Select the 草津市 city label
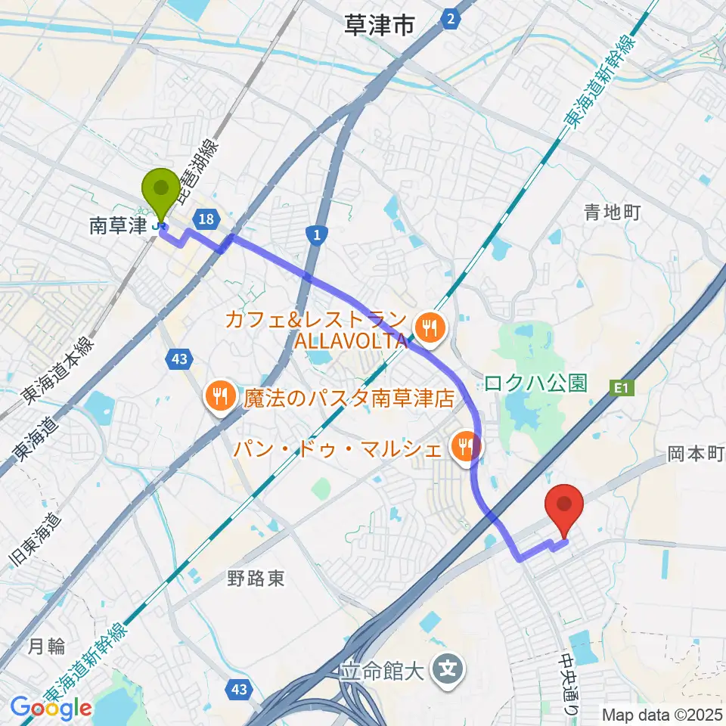click(379, 26)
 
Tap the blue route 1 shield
click(316, 237)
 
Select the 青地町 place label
click(612, 213)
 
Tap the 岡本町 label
click(696, 454)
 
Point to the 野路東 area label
click(256, 579)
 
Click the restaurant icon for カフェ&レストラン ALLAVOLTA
click(430, 327)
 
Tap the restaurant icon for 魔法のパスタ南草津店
click(220, 396)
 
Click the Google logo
click(51, 708)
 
